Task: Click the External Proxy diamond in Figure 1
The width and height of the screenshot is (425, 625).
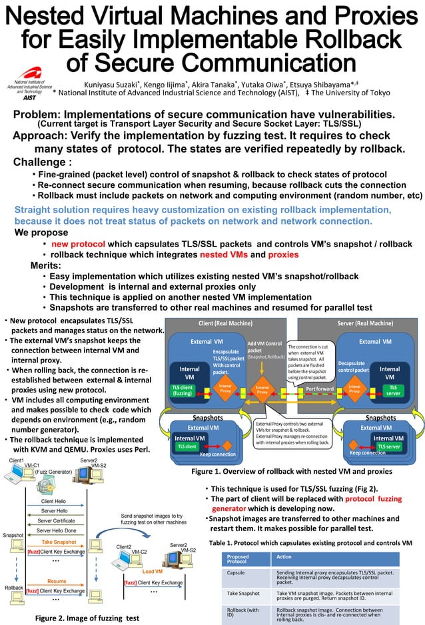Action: coord(262,390)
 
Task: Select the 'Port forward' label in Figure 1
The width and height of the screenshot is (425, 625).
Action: coord(320,389)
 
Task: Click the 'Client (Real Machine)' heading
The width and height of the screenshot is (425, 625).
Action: coord(225,324)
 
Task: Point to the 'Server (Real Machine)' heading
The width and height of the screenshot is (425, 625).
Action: coord(362,324)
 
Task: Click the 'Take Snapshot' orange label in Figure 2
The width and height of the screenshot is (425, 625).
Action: coord(59,542)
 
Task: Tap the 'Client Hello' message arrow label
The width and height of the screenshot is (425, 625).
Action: coord(54,500)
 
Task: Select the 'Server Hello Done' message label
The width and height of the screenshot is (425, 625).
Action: coord(57,530)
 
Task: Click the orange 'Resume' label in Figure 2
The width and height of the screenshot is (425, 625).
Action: coord(57,582)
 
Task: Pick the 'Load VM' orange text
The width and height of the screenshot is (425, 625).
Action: coord(153,571)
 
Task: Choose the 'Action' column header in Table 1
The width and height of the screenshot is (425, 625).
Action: coord(284,556)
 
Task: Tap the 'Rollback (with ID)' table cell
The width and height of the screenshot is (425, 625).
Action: coord(243,612)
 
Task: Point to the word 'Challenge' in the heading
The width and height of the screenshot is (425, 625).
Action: coord(40,162)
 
